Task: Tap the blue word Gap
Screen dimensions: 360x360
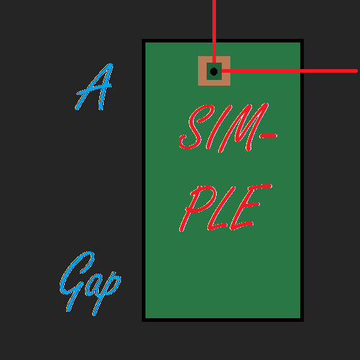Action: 89,283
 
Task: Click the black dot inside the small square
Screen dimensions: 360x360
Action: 214,71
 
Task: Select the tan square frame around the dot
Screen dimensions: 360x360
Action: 202,71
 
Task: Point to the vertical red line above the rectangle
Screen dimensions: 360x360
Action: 214,31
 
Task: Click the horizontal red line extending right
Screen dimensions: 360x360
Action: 289,71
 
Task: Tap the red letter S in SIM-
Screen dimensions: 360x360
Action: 194,127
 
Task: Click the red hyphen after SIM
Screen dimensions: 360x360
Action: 269,136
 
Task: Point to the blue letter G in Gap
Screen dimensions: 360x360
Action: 76,282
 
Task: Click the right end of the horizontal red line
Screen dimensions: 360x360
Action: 357,71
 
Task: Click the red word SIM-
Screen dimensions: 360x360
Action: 228,127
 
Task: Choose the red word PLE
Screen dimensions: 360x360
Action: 225,208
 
